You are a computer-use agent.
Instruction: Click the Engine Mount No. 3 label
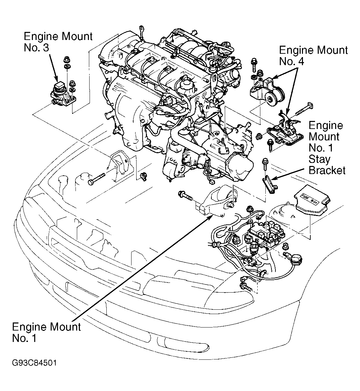pos(58,42)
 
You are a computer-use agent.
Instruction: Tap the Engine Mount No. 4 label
pos(313,56)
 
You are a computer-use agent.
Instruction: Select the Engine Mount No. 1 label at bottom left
pos(46,333)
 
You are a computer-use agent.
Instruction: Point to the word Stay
pos(319,159)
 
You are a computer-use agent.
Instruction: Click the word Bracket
pos(327,170)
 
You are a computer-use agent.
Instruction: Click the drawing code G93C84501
pos(34,363)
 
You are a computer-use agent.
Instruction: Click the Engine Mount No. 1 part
pos(216,202)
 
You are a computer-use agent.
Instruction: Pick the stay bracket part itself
pos(269,184)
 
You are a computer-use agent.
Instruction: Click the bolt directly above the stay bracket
pos(265,164)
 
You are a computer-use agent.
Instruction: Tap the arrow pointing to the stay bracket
pos(288,174)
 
